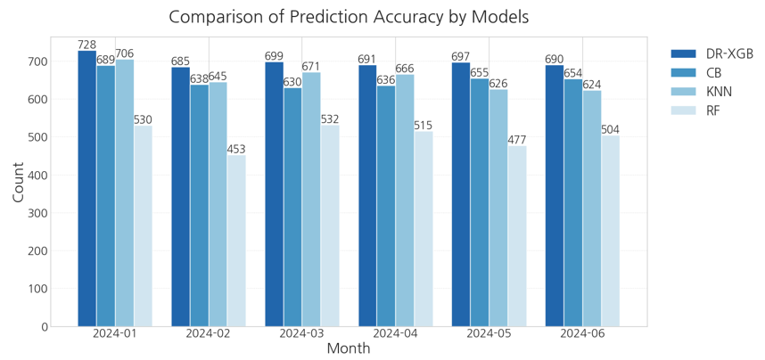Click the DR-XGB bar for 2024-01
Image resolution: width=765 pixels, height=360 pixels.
point(86,188)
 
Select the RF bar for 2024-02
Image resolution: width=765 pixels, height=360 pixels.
point(236,241)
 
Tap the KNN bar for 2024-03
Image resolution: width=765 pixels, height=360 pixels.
point(311,200)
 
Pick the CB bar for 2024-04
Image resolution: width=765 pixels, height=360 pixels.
point(386,206)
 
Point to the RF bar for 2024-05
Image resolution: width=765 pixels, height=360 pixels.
point(517,236)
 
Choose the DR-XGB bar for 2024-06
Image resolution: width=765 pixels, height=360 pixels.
point(555,196)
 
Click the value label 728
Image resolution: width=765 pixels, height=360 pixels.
point(86,45)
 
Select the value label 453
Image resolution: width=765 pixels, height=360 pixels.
point(236,150)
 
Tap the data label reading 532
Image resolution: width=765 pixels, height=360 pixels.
point(330,119)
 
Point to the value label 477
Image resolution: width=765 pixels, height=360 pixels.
point(517,140)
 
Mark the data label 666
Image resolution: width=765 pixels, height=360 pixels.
point(405,69)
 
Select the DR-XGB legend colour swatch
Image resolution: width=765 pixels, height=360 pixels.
point(683,53)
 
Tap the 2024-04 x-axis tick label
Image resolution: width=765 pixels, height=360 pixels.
point(395,334)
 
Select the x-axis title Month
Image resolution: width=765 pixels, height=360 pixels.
point(349,348)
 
